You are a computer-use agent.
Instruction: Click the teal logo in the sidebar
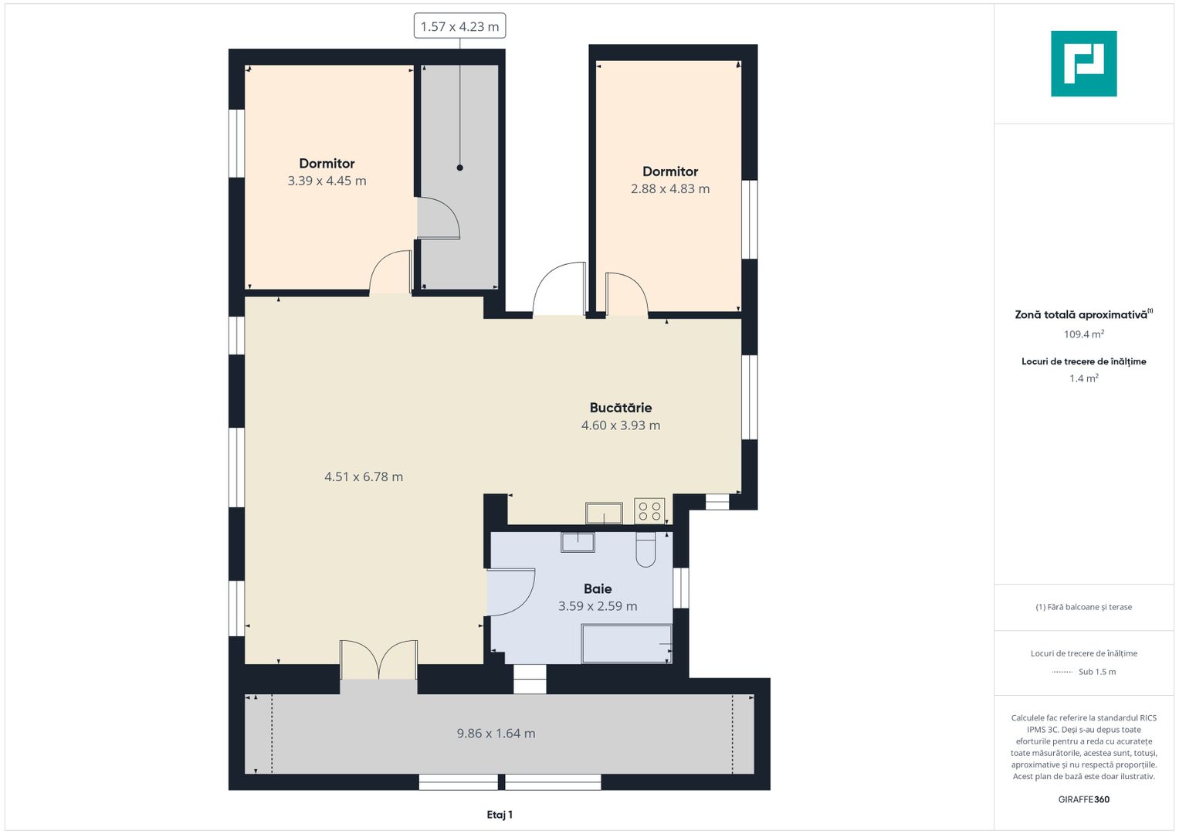(x=1083, y=63)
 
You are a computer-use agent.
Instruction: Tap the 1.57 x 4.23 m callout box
(x=459, y=26)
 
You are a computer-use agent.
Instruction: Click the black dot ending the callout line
(x=459, y=168)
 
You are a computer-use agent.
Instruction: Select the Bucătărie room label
(x=620, y=408)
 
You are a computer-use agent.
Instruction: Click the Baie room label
(x=598, y=588)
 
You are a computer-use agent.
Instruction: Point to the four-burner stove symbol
(x=649, y=510)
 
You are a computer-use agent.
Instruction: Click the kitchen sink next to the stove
(x=604, y=513)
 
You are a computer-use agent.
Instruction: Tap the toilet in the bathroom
(x=645, y=549)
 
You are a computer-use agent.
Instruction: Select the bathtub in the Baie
(x=626, y=644)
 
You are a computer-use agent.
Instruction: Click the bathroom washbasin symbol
(x=578, y=541)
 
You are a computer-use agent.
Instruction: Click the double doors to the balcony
(x=378, y=661)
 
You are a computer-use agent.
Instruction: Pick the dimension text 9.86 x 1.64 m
(x=496, y=734)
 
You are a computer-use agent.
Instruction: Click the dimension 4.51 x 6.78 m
(x=364, y=477)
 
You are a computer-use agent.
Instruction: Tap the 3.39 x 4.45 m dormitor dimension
(x=327, y=181)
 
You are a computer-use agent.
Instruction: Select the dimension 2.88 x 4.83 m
(x=669, y=189)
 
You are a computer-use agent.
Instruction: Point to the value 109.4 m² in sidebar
(x=1083, y=334)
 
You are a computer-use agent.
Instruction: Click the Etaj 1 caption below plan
(x=500, y=815)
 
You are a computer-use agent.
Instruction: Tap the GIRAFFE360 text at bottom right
(x=1083, y=799)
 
